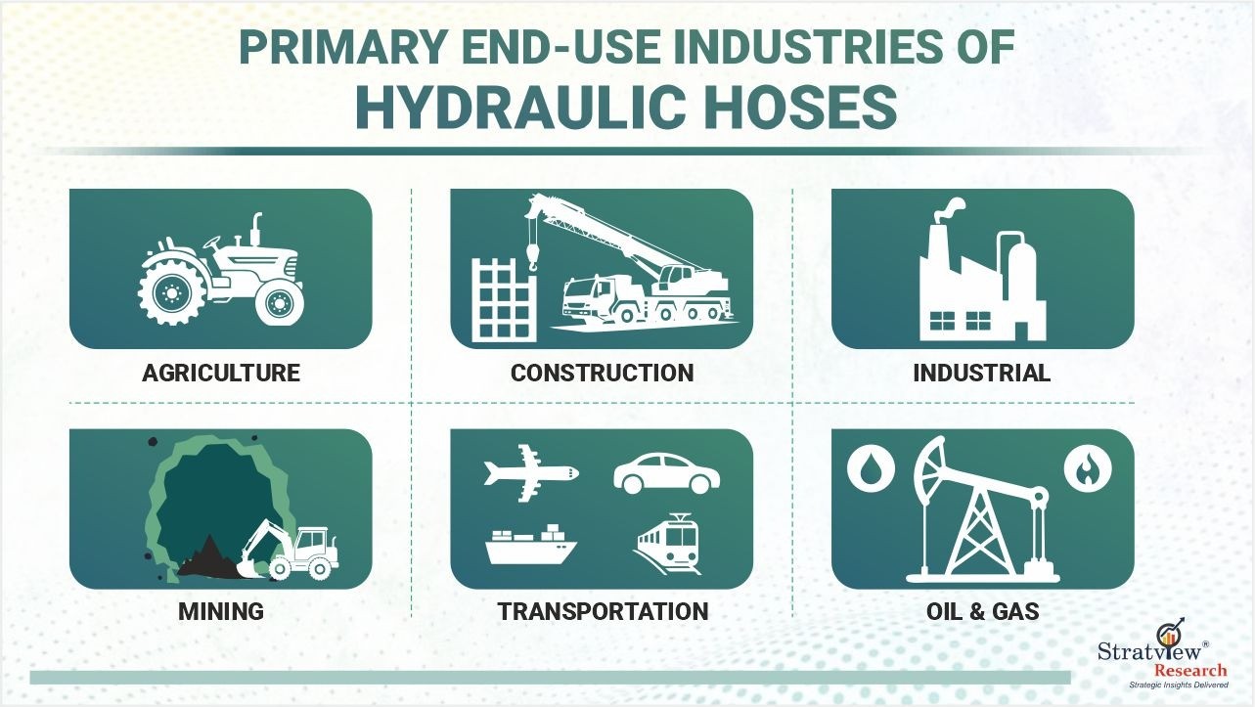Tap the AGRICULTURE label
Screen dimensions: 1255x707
coord(221,374)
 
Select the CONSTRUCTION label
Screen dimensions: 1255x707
coord(602,374)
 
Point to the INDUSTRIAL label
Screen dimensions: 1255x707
coord(981,374)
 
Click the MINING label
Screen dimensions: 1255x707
coord(221,611)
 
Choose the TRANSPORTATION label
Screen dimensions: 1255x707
coord(603,611)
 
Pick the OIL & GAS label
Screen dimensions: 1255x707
coord(983,611)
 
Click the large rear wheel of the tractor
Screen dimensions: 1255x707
coord(170,291)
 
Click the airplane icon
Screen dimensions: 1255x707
coord(530,473)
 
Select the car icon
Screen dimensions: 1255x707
coord(667,474)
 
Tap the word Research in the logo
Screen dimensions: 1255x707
coord(1190,670)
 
